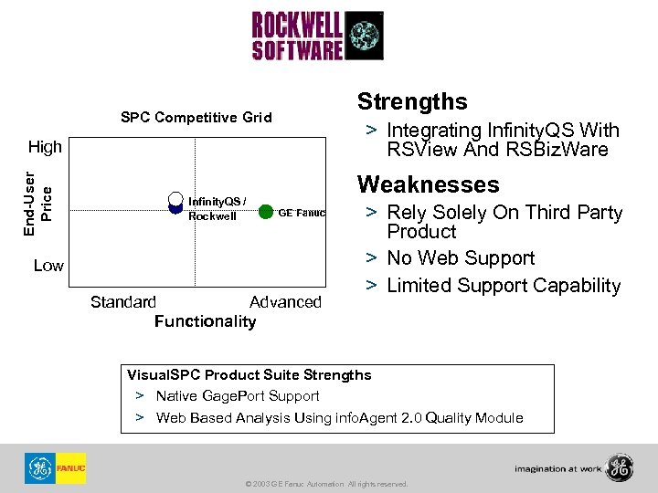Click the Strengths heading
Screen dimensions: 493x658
pyautogui.click(x=412, y=101)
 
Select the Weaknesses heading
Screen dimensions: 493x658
pyautogui.click(x=429, y=184)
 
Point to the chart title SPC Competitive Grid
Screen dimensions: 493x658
pyautogui.click(x=196, y=117)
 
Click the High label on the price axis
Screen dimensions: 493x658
pyautogui.click(x=46, y=146)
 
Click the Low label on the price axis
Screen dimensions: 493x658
pyautogui.click(x=48, y=266)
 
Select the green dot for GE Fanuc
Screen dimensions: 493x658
pyautogui.click(x=266, y=212)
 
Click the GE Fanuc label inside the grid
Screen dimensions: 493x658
pyautogui.click(x=302, y=212)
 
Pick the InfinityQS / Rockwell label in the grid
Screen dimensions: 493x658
pyautogui.click(x=217, y=209)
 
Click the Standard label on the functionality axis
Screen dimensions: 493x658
pyautogui.click(x=123, y=302)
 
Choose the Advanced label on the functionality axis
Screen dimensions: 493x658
pyautogui.click(x=285, y=302)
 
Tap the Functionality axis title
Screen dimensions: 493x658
pyautogui.click(x=206, y=321)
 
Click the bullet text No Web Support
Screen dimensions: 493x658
pyautogui.click(x=461, y=258)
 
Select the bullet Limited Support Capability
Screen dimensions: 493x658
pyautogui.click(x=504, y=286)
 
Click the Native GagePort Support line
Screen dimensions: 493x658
pyautogui.click(x=238, y=396)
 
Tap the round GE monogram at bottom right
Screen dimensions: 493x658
pyautogui.click(x=620, y=467)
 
